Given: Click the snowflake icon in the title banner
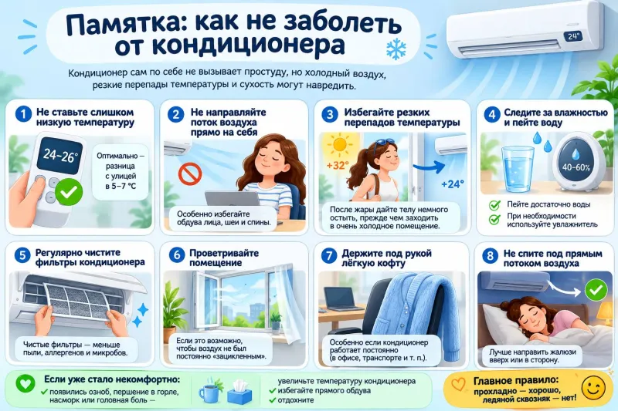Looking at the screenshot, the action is (x=396, y=49).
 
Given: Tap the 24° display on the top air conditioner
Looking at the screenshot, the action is (x=572, y=36).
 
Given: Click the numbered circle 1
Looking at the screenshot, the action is (x=23, y=114).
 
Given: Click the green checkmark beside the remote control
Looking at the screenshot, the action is (x=69, y=192).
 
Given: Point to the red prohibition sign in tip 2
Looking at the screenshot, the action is (x=190, y=173).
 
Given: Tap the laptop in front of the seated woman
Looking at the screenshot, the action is (x=226, y=199).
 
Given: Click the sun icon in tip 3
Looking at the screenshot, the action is (x=339, y=144).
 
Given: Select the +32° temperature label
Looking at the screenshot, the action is (x=338, y=165).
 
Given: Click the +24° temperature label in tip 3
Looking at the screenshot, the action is (x=453, y=184).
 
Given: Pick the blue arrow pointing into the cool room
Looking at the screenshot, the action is (x=430, y=167).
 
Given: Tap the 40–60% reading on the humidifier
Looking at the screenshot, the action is (x=576, y=167).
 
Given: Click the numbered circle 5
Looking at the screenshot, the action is (x=22, y=255).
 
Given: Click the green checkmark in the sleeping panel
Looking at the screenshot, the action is (x=596, y=290).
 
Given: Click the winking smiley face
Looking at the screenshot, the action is (x=593, y=388).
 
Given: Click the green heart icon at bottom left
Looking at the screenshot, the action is (x=25, y=383).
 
